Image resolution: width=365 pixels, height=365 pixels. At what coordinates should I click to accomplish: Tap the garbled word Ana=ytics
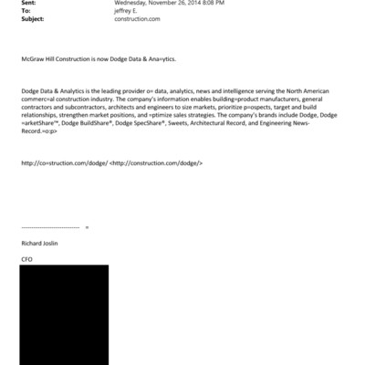click(158, 58)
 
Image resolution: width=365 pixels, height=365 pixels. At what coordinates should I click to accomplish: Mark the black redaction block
click(64, 315)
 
